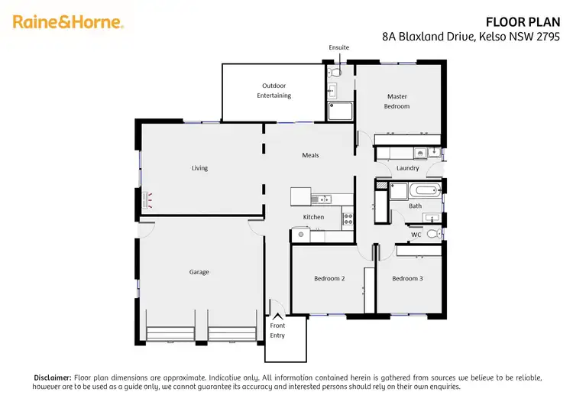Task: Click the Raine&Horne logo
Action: [68, 22]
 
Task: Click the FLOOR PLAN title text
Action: [528, 22]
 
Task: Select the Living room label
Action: [199, 168]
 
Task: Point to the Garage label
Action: [199, 272]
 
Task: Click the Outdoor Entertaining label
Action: [277, 90]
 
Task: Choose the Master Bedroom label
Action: [397, 101]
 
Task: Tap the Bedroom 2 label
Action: [329, 279]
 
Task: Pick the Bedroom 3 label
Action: [407, 279]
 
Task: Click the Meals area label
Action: [310, 155]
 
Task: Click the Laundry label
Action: [407, 168]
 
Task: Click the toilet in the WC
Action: [432, 234]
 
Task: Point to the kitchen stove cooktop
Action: [348, 217]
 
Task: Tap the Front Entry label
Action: [277, 330]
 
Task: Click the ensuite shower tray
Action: [341, 112]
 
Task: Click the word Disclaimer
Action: [52, 377]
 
